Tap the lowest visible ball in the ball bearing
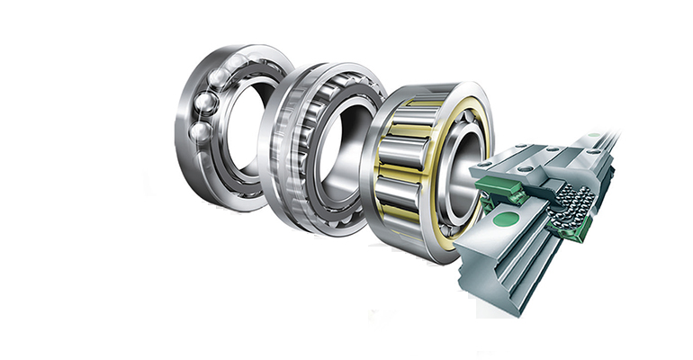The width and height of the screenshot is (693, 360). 201,131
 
